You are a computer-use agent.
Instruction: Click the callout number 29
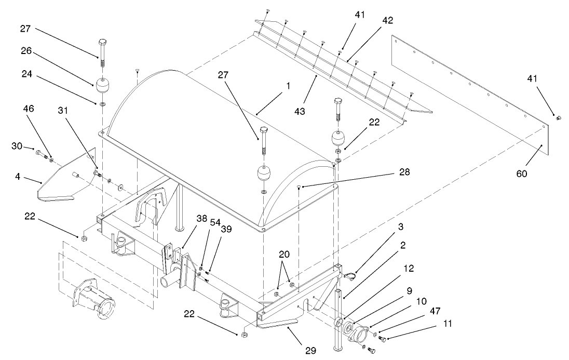coord(310,351)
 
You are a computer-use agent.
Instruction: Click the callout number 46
coord(29,110)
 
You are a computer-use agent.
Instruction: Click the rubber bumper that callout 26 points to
coord(102,84)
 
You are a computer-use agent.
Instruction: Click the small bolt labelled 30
coord(40,153)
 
